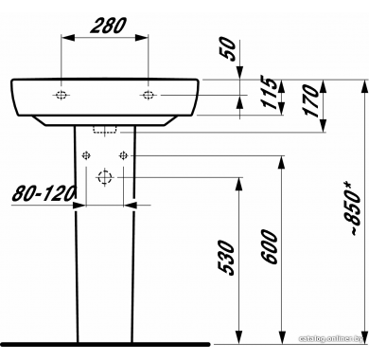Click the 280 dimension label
pos(108,26)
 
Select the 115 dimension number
pos(270,93)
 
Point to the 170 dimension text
pos(309,100)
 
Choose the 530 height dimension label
pos(226,258)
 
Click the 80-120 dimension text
pos(44,193)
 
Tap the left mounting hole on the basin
pos(61,95)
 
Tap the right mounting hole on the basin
pos(148,95)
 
